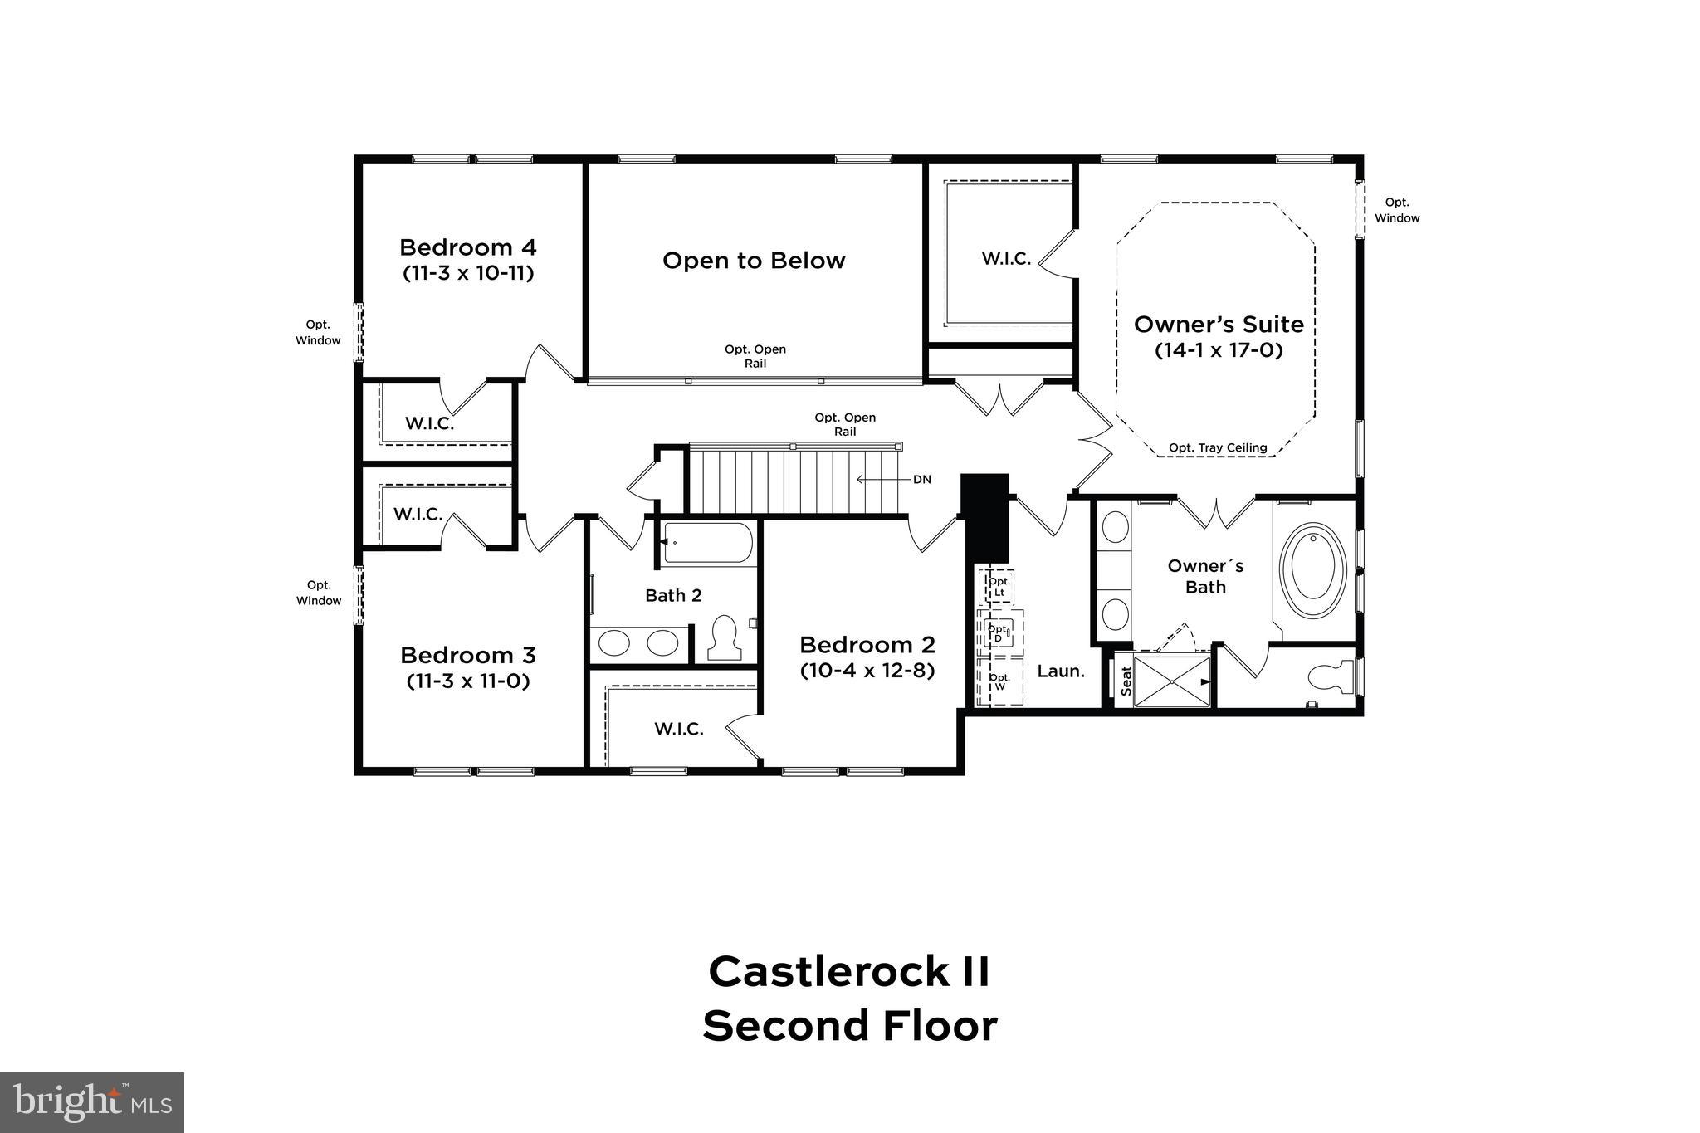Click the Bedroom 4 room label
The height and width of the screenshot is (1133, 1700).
467,247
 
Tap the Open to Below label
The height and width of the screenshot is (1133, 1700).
754,261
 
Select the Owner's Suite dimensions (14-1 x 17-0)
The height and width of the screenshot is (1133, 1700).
1219,350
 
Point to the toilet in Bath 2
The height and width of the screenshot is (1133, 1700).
725,637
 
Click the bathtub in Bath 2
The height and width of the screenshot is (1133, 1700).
707,543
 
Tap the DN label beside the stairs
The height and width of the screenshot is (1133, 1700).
921,480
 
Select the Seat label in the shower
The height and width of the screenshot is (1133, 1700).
1126,681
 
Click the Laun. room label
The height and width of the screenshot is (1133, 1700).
1061,671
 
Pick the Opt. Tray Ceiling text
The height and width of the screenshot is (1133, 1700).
1218,448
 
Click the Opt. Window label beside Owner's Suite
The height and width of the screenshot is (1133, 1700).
1397,210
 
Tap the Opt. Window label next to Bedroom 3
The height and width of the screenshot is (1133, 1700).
319,593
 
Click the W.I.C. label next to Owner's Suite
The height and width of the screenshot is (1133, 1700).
1006,259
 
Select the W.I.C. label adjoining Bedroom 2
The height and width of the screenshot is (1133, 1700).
678,729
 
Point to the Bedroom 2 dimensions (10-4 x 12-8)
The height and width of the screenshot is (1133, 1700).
867,670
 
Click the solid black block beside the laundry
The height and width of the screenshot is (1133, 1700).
985,516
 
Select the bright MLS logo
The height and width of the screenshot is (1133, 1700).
92,1102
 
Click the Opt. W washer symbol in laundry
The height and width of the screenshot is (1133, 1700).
999,681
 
